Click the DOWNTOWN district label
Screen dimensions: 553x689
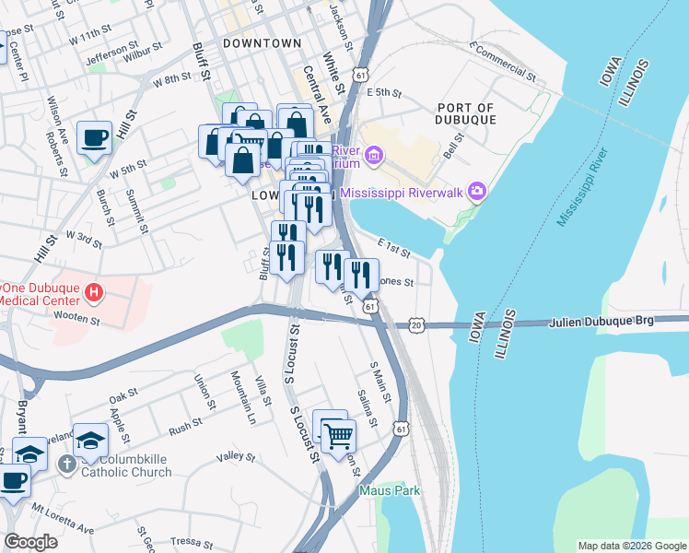tap(263, 43)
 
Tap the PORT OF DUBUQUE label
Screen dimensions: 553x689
tap(467, 113)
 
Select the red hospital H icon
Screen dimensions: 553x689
tap(92, 294)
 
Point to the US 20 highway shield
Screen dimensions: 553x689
tap(417, 325)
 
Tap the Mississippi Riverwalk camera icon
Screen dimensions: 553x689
tap(477, 192)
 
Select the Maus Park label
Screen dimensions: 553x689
tap(390, 490)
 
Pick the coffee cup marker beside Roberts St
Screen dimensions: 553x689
tap(94, 138)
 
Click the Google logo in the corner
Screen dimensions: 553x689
tap(30, 542)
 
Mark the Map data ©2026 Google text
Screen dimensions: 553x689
tap(631, 546)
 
